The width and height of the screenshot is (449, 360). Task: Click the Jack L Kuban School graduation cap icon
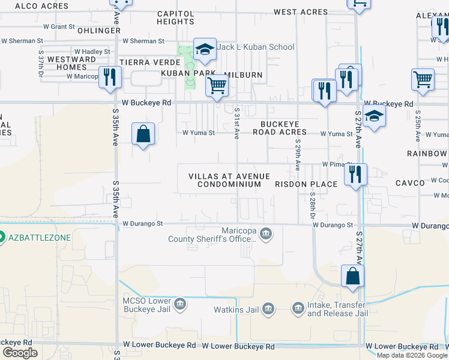[205, 50]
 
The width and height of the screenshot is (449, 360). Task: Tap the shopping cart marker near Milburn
[217, 85]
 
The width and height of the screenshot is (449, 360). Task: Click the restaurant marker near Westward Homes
[110, 77]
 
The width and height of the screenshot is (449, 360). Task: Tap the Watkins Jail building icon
[268, 310]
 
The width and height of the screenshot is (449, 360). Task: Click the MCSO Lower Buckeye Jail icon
[179, 305]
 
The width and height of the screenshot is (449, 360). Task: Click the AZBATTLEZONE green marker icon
[2, 237]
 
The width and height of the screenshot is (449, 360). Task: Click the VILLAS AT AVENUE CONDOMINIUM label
[229, 180]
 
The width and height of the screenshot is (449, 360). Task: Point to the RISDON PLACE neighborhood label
[306, 184]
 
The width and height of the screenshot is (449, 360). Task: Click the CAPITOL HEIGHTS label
[175, 17]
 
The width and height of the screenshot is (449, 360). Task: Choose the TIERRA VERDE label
[150, 62]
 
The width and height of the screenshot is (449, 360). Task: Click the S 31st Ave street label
[237, 123]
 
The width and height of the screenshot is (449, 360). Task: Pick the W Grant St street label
[54, 27]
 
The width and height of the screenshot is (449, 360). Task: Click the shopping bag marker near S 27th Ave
[353, 276]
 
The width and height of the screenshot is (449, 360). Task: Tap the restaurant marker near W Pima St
[355, 175]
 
